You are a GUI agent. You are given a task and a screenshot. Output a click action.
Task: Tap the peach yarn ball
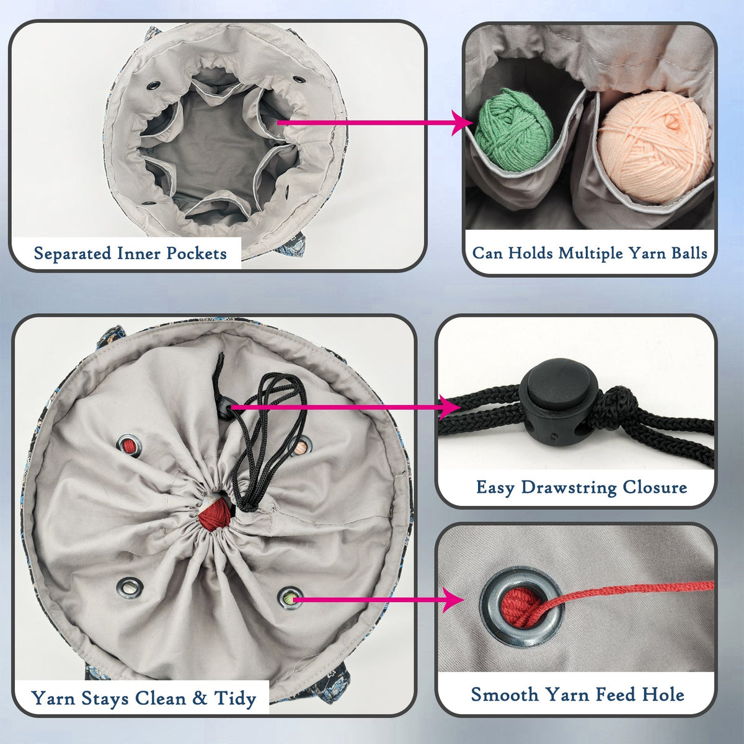654,147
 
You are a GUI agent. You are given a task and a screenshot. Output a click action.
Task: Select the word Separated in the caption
73,254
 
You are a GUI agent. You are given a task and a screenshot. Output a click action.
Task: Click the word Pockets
197,254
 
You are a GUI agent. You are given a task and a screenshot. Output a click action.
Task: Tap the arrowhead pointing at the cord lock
451,407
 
